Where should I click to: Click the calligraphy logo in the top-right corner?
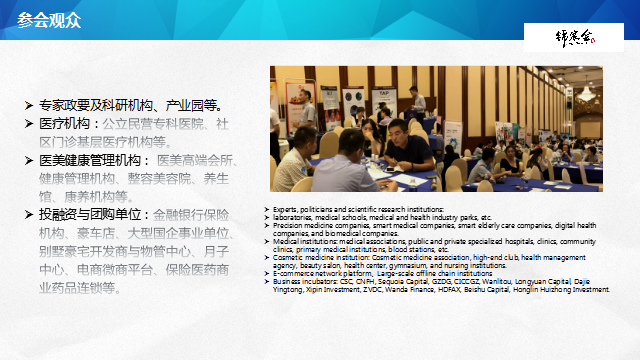(576, 38)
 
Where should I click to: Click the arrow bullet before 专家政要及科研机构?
(29, 105)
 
